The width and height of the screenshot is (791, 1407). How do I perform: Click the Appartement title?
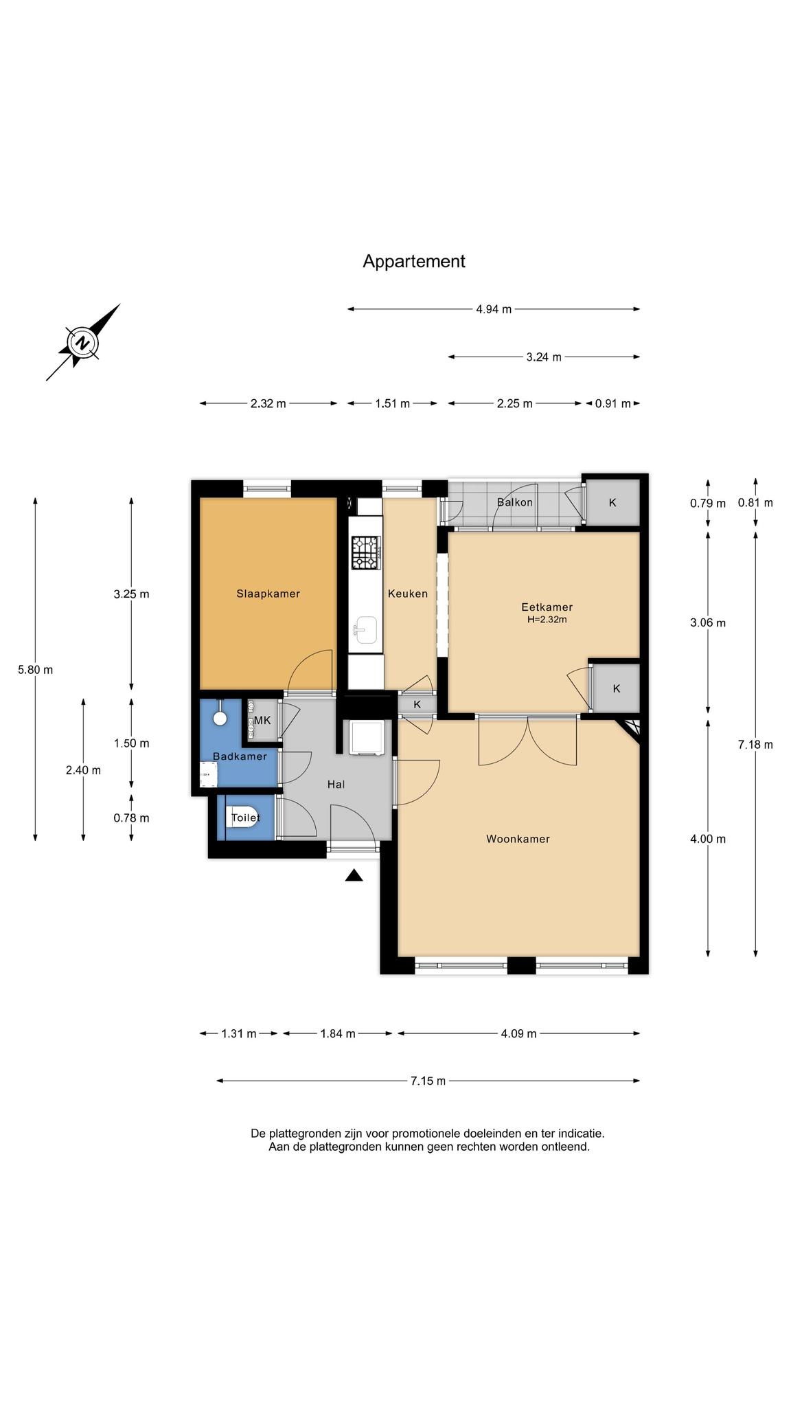click(x=414, y=262)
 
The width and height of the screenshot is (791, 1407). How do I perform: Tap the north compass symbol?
click(x=82, y=342)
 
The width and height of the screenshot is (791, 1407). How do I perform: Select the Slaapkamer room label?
click(x=268, y=594)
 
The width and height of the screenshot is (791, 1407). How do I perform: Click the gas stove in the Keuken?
click(x=365, y=553)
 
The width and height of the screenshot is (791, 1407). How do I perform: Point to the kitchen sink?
click(x=365, y=628)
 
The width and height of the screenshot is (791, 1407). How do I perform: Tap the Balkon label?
click(x=515, y=502)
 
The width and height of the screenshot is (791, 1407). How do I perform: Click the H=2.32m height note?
click(x=547, y=620)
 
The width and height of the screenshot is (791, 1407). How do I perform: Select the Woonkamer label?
click(x=518, y=839)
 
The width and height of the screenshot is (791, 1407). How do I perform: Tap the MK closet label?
click(x=262, y=721)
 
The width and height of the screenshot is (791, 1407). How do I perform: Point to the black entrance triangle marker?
click(x=354, y=875)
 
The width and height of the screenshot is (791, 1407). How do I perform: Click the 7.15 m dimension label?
click(x=428, y=1081)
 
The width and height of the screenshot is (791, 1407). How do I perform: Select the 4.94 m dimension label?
click(x=494, y=309)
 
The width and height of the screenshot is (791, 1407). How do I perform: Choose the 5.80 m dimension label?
click(x=35, y=670)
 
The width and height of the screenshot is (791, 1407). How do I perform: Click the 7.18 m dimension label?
click(x=755, y=745)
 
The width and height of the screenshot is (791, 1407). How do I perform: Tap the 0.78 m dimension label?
click(x=131, y=818)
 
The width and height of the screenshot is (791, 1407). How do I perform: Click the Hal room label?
click(x=336, y=784)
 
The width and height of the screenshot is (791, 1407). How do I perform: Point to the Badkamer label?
click(x=240, y=756)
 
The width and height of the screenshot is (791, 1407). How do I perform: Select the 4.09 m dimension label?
click(x=518, y=1034)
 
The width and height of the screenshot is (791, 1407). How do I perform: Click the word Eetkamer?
click(x=547, y=607)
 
